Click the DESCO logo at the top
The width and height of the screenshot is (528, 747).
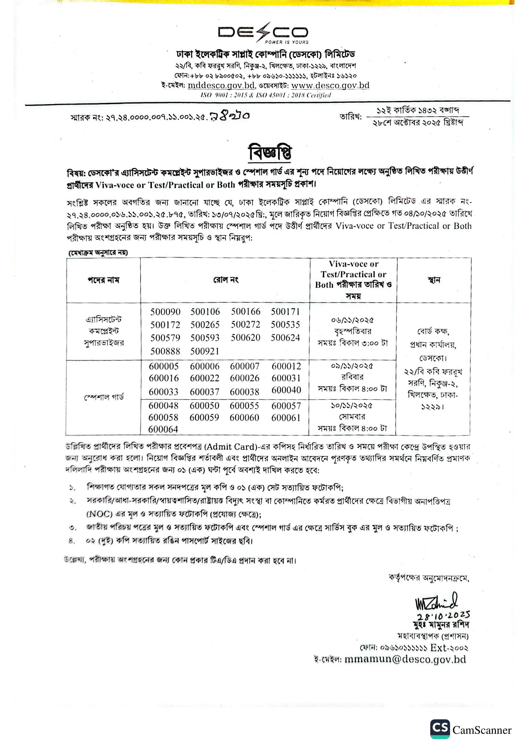(263, 33)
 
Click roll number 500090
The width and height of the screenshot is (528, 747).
(165, 312)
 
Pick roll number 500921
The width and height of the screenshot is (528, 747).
(205, 351)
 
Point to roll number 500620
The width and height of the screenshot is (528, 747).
(246, 338)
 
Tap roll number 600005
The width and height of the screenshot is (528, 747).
(164, 366)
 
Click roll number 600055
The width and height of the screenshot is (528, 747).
(244, 406)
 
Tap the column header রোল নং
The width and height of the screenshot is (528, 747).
(226, 280)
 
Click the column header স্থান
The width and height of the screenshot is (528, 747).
(434, 280)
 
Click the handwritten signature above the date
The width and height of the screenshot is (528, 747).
(436, 602)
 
